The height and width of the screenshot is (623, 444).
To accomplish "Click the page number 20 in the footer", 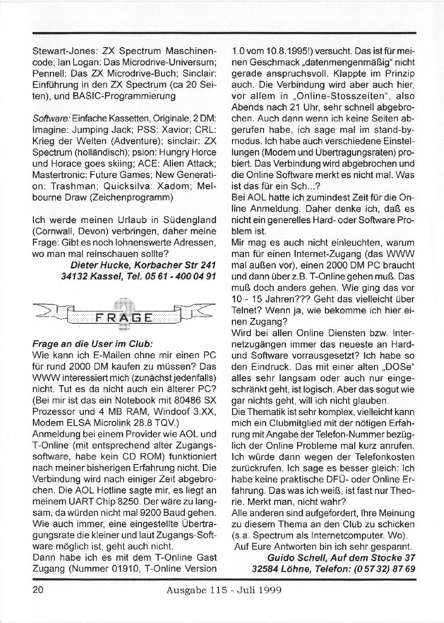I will (x=38, y=590).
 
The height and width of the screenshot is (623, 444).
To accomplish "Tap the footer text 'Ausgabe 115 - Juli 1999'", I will (x=224, y=590).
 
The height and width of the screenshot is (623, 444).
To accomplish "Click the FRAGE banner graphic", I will (x=123, y=317).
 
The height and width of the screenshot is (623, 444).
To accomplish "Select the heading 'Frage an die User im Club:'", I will (x=92, y=343).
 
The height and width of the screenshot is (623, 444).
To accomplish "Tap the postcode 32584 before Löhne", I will (x=266, y=568).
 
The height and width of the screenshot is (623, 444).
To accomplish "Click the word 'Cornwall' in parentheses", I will (x=51, y=231).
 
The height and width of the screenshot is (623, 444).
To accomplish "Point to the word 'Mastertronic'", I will (x=58, y=175).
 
